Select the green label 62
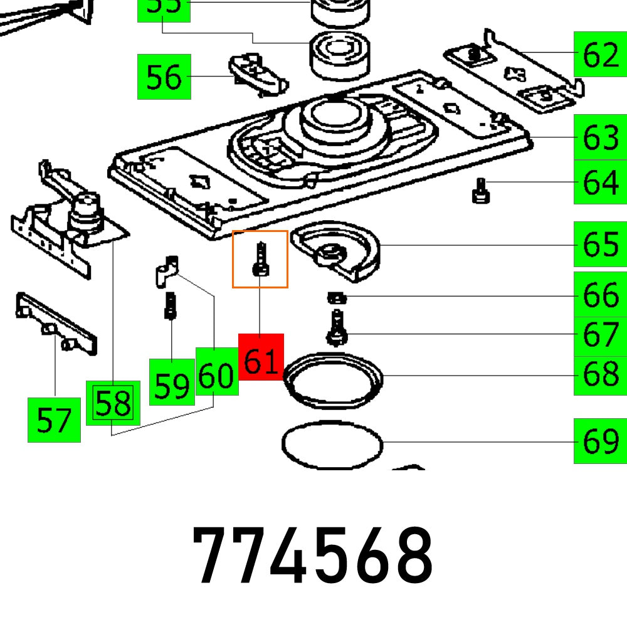(x=600, y=55)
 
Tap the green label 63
(x=600, y=137)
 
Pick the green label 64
(x=600, y=182)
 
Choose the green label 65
(x=600, y=244)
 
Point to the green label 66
(x=600, y=294)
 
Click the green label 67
(x=600, y=334)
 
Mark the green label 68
(x=600, y=374)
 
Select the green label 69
(x=600, y=441)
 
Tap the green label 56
(x=164, y=77)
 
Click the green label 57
(x=54, y=419)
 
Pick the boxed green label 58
(x=113, y=403)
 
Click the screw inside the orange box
(x=260, y=260)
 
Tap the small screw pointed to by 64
(x=481, y=191)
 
